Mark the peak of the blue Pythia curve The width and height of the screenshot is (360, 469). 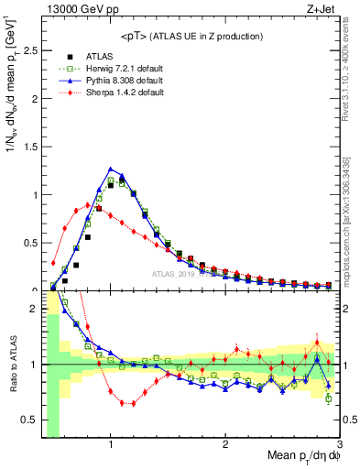coord(111,169)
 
